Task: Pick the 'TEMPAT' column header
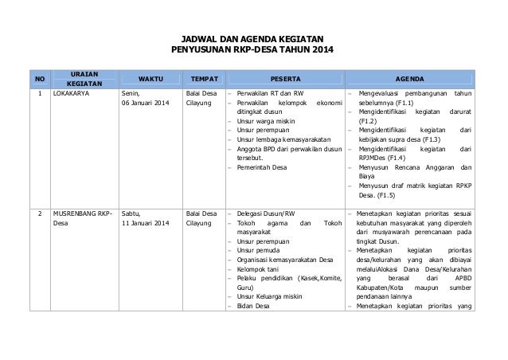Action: (x=202, y=79)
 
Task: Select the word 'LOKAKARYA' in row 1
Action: (x=72, y=94)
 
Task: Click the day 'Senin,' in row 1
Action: (x=130, y=94)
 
